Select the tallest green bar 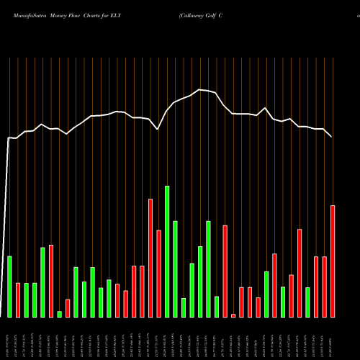click(x=167, y=251)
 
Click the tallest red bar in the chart click(x=150, y=258)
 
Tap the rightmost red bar click(x=333, y=261)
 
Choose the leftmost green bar click(x=9, y=287)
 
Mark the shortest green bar click(x=59, y=314)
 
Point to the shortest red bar click(x=233, y=315)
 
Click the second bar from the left click(x=18, y=300)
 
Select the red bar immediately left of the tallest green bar click(x=158, y=274)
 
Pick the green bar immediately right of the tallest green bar click(x=175, y=269)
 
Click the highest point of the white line click(x=200, y=89)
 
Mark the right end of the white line click(x=332, y=137)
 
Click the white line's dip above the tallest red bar click(x=158, y=130)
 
